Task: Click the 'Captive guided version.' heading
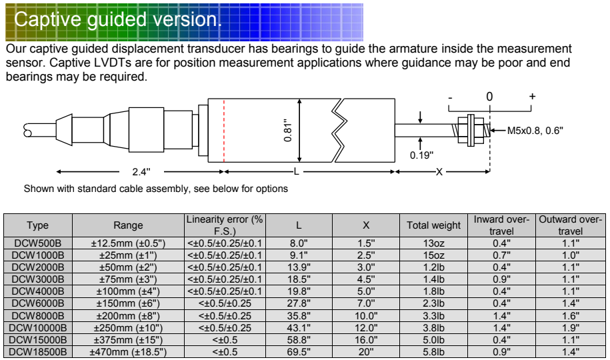(118, 19)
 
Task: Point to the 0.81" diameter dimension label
(288, 131)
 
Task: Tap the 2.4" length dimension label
(141, 171)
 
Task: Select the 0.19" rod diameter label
(421, 155)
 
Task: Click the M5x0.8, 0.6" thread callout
(535, 131)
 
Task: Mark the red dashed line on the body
(224, 131)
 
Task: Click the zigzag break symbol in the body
(339, 131)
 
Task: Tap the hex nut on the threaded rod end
(471, 130)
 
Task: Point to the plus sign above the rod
(532, 96)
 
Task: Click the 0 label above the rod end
(489, 97)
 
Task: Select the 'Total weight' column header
(434, 225)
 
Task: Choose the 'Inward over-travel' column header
(501, 225)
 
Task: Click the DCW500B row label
(38, 243)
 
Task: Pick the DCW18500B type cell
(38, 352)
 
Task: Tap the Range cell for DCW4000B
(128, 291)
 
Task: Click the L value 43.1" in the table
(299, 328)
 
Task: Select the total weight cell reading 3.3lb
(434, 315)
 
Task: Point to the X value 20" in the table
(366, 352)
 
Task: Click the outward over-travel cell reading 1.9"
(571, 328)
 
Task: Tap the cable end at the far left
(27, 131)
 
